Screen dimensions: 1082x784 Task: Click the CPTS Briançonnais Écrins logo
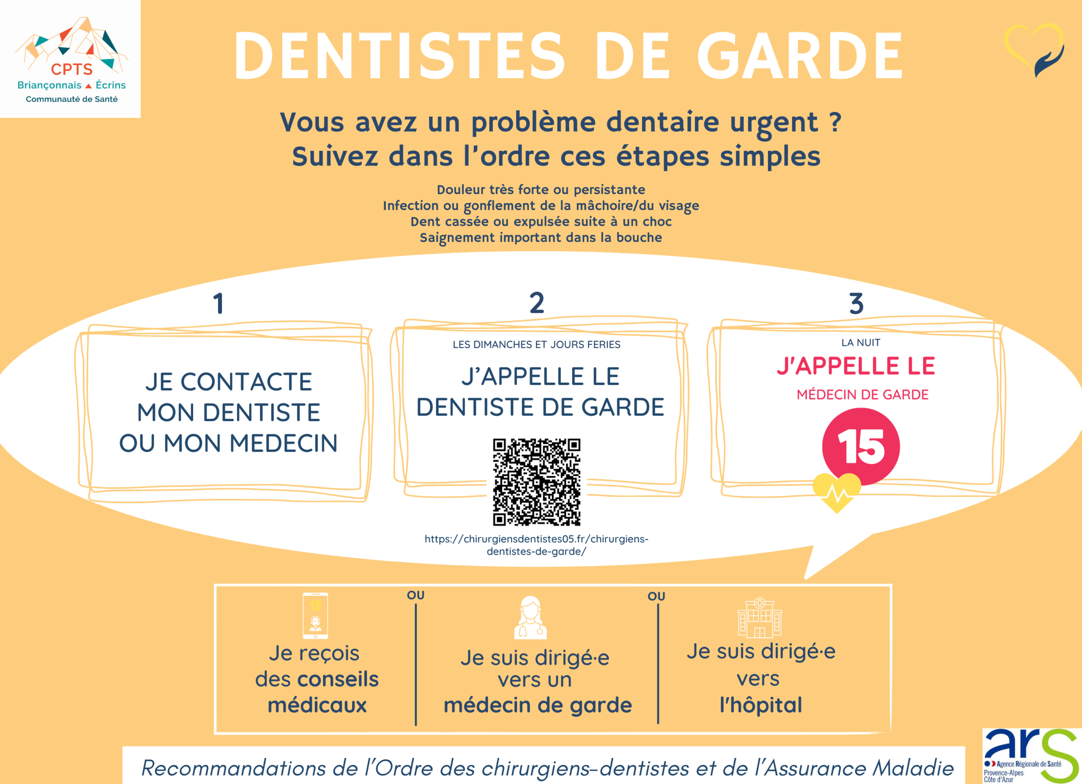(x=71, y=60)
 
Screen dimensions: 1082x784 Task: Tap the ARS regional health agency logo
(x=1032, y=755)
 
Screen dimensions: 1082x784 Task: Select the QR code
(x=537, y=482)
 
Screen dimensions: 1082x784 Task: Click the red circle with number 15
(x=861, y=447)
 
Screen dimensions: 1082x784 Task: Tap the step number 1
(x=219, y=303)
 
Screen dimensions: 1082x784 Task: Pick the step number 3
(x=856, y=304)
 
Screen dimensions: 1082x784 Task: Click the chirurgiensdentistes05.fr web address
(x=536, y=545)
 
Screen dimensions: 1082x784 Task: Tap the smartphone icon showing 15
(x=315, y=616)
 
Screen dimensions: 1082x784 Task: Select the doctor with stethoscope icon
(x=530, y=617)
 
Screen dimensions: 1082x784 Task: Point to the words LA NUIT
(x=861, y=343)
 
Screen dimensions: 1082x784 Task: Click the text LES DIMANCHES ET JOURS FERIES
(x=537, y=345)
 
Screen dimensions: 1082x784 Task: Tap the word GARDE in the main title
(x=800, y=56)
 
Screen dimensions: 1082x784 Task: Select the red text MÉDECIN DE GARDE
(x=863, y=395)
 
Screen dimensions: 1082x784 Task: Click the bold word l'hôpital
(x=761, y=705)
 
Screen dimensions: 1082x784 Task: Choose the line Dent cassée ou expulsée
(x=541, y=222)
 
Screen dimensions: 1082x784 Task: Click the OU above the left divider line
(x=415, y=595)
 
